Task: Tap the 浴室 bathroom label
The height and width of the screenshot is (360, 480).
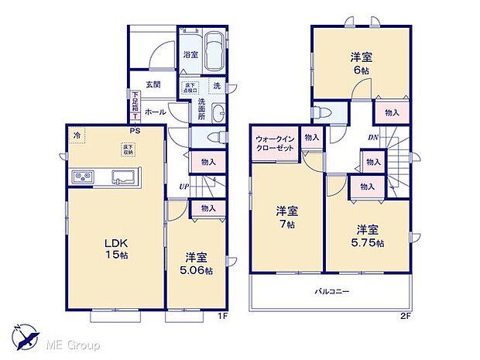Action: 189,55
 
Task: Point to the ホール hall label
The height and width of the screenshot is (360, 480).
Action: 154,111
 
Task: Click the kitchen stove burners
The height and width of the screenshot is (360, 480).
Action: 83,178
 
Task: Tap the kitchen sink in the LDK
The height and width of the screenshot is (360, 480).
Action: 123,177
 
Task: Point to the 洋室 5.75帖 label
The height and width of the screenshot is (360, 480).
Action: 368,235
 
